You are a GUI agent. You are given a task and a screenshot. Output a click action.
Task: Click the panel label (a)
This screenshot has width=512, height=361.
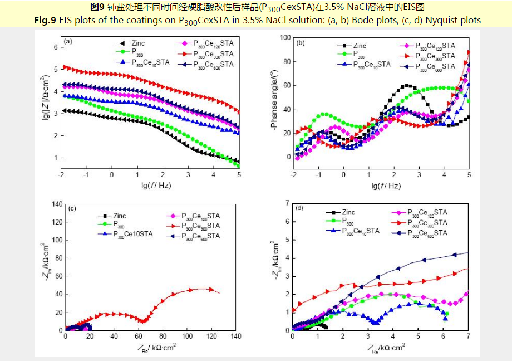point(68,41)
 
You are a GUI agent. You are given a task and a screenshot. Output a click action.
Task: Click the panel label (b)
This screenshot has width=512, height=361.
point(301,42)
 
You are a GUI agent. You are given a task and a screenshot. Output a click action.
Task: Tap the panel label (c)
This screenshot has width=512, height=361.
point(72,209)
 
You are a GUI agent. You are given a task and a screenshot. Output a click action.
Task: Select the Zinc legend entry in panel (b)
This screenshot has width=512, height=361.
point(360,46)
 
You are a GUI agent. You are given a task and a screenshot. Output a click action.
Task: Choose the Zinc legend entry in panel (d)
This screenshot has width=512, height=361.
point(348,212)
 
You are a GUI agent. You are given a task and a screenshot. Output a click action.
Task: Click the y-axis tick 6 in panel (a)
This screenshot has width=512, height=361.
point(55,47)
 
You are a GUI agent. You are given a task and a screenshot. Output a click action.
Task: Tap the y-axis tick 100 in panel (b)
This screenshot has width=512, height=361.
point(285,37)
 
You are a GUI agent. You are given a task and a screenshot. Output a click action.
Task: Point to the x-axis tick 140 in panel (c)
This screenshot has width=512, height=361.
point(236,337)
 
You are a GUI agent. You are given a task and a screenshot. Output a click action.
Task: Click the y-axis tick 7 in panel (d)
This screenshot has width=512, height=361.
point(287,203)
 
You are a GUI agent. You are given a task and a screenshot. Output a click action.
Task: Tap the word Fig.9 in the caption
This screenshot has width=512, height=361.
point(45,20)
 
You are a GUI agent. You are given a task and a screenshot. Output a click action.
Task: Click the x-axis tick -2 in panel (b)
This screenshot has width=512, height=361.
point(293,174)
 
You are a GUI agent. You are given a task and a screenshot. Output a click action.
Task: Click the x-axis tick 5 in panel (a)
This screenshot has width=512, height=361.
point(238,174)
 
